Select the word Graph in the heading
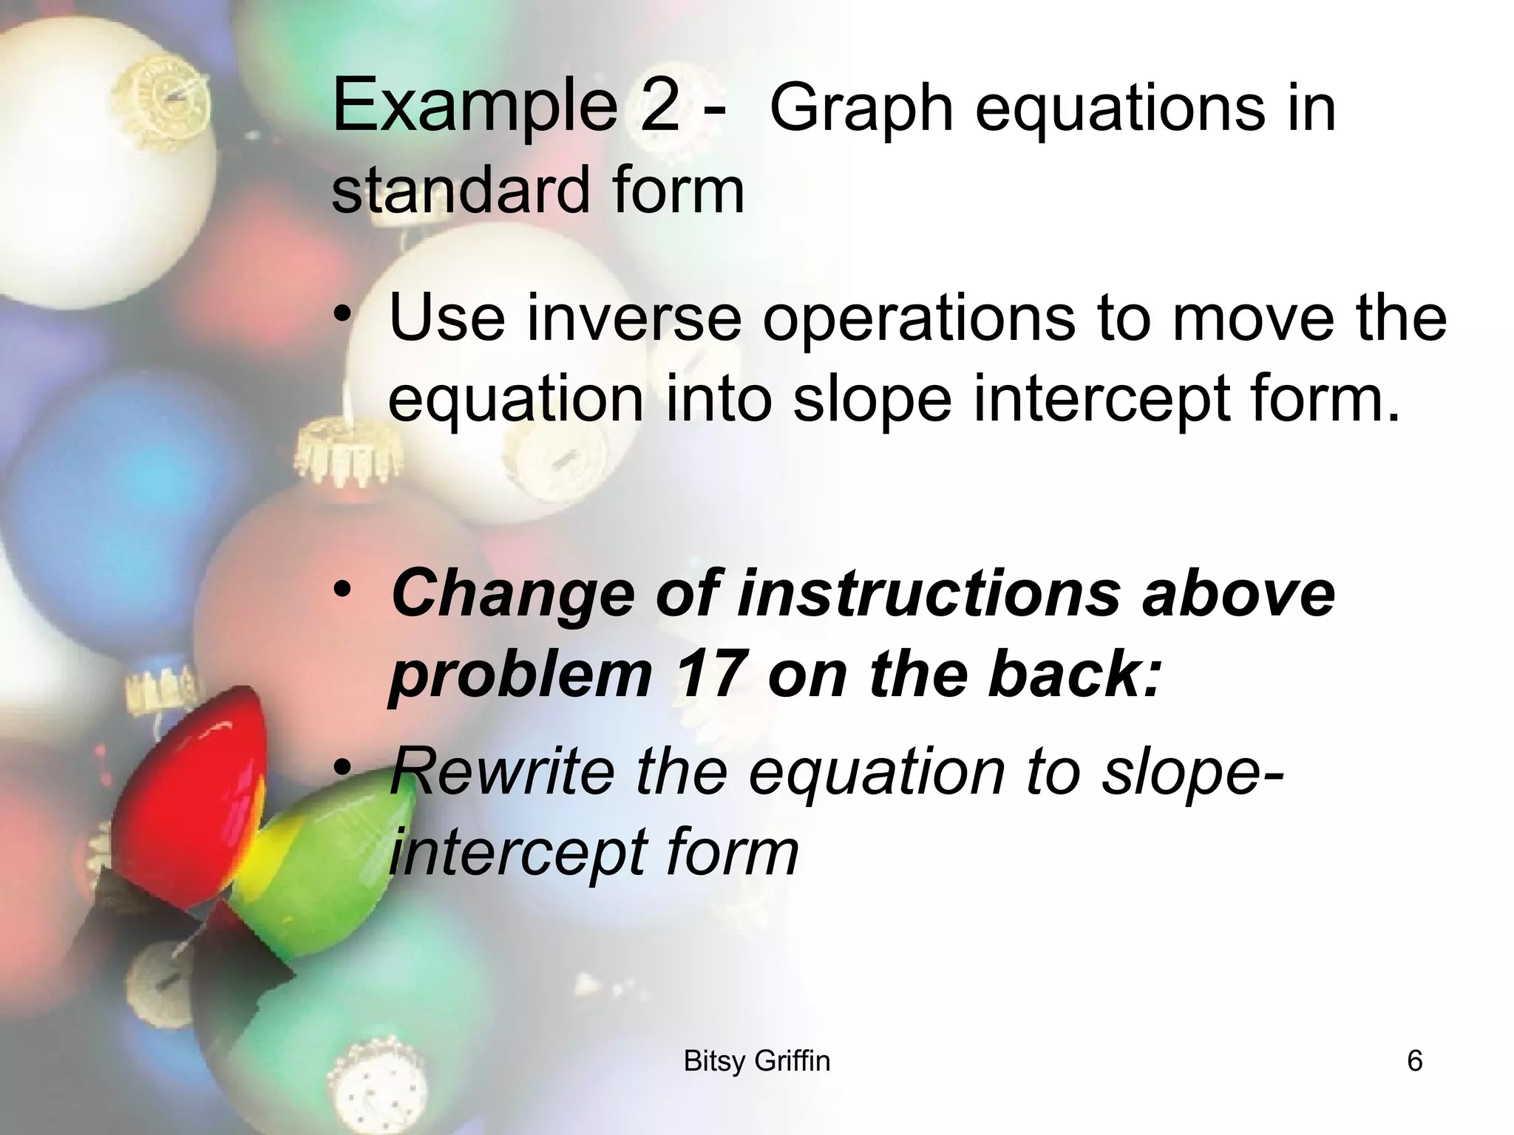[x=861, y=110]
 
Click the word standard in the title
[x=458, y=190]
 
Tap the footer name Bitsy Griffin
[x=756, y=1061]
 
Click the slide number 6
[x=1414, y=1061]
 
